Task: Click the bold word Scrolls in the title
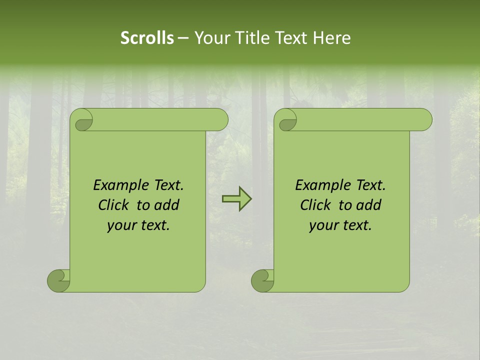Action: pyautogui.click(x=147, y=38)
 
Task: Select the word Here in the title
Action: pyautogui.click(x=332, y=38)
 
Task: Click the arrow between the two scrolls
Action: pyautogui.click(x=236, y=199)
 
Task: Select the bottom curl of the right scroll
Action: pyautogui.click(x=262, y=280)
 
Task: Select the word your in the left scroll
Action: pyautogui.click(x=120, y=226)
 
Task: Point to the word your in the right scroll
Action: pyautogui.click(x=322, y=226)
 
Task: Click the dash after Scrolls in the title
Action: pyautogui.click(x=182, y=38)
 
